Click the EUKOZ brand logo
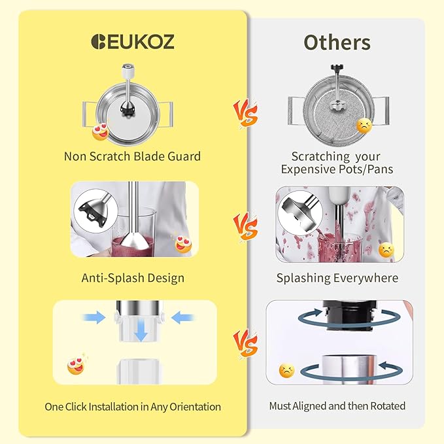click(x=133, y=42)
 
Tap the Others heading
click(x=337, y=43)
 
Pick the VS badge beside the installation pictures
click(x=245, y=344)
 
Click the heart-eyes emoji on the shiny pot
click(x=101, y=131)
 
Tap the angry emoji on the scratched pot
click(x=364, y=126)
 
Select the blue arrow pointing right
click(x=94, y=317)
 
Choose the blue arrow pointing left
click(x=182, y=317)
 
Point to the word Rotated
click(x=388, y=406)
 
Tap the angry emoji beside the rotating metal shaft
click(x=286, y=371)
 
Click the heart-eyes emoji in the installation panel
click(x=76, y=366)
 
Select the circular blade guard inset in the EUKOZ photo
click(x=95, y=211)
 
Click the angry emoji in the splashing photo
click(x=386, y=250)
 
